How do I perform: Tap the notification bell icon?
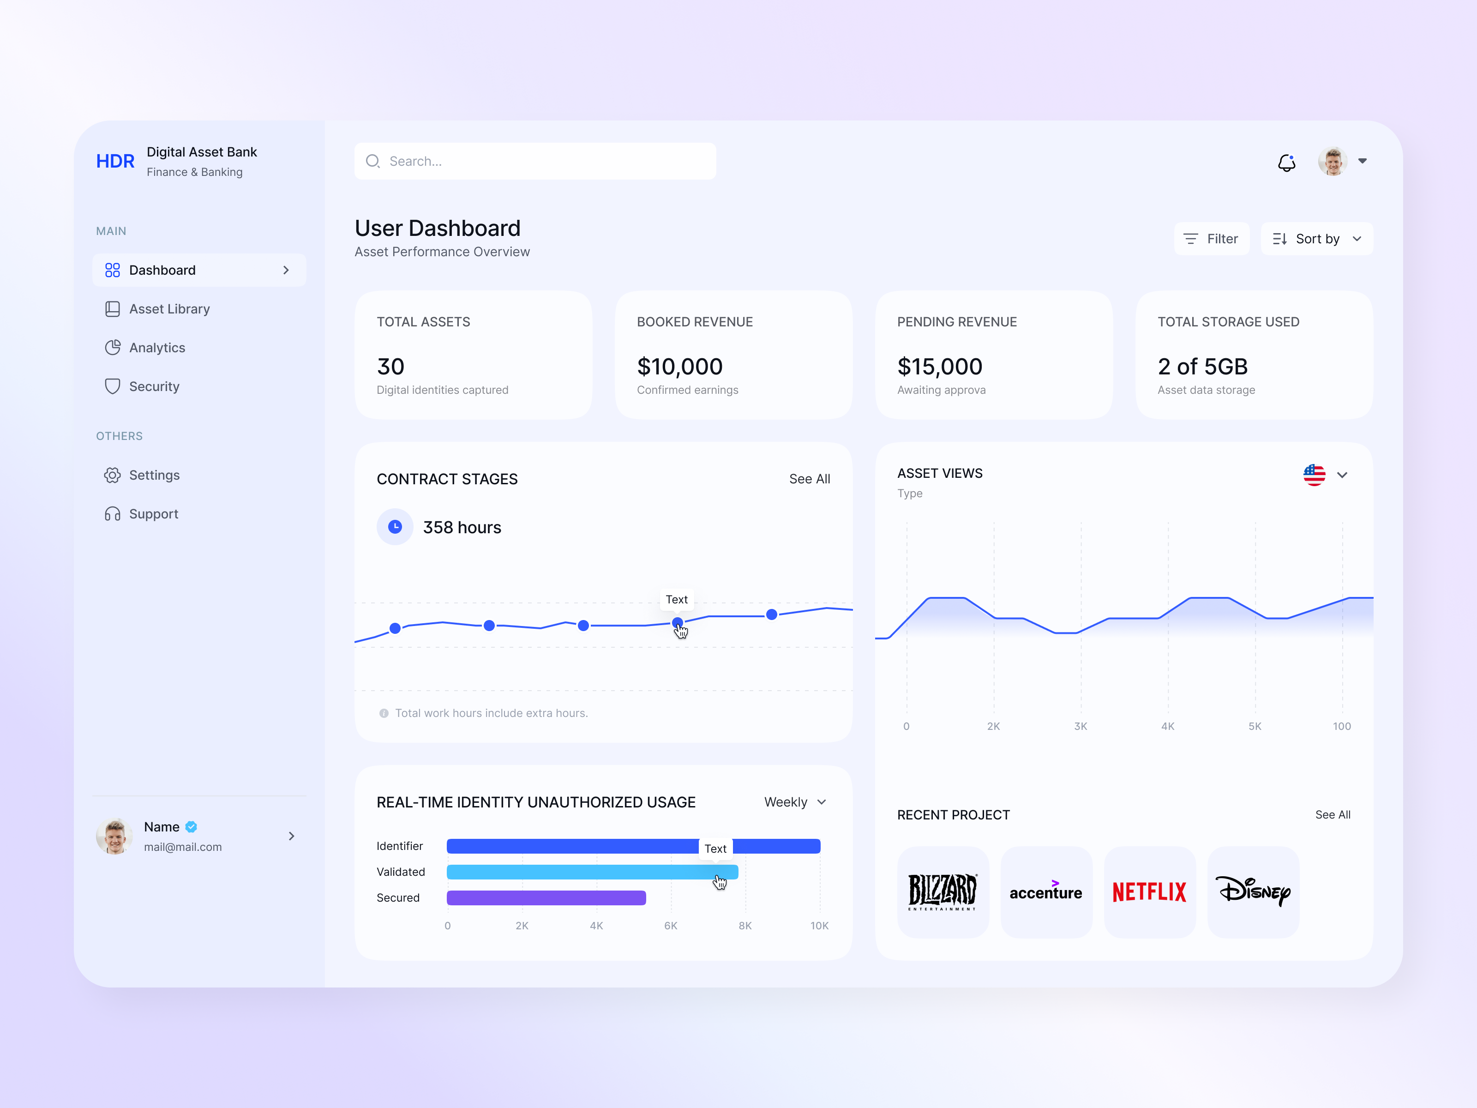1286,162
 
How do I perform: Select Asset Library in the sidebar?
169,308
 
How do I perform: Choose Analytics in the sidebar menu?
157,347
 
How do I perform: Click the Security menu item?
154,386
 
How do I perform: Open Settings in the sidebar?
154,475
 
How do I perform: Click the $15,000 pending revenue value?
939,366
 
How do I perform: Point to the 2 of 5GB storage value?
1202,366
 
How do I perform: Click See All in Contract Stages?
809,479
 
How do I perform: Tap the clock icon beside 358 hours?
395,527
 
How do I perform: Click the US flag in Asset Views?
1314,475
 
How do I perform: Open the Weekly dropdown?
795,801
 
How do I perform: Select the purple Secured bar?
546,897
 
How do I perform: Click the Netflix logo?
1149,891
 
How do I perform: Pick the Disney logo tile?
1253,891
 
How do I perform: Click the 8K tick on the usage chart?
745,926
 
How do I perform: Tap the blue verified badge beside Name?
192,827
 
